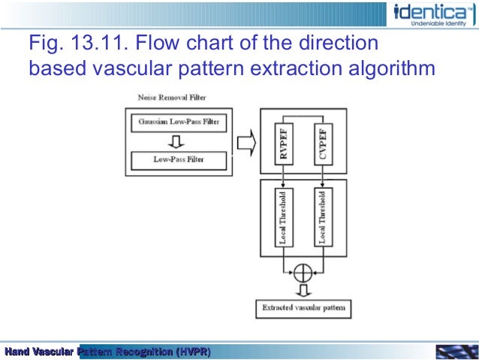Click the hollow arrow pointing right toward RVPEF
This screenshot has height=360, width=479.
[244, 141]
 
